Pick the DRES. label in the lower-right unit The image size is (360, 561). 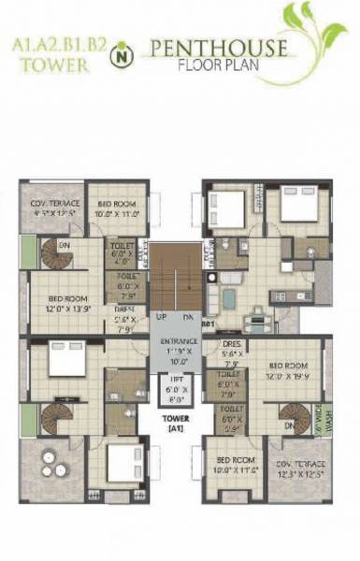tap(230, 349)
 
